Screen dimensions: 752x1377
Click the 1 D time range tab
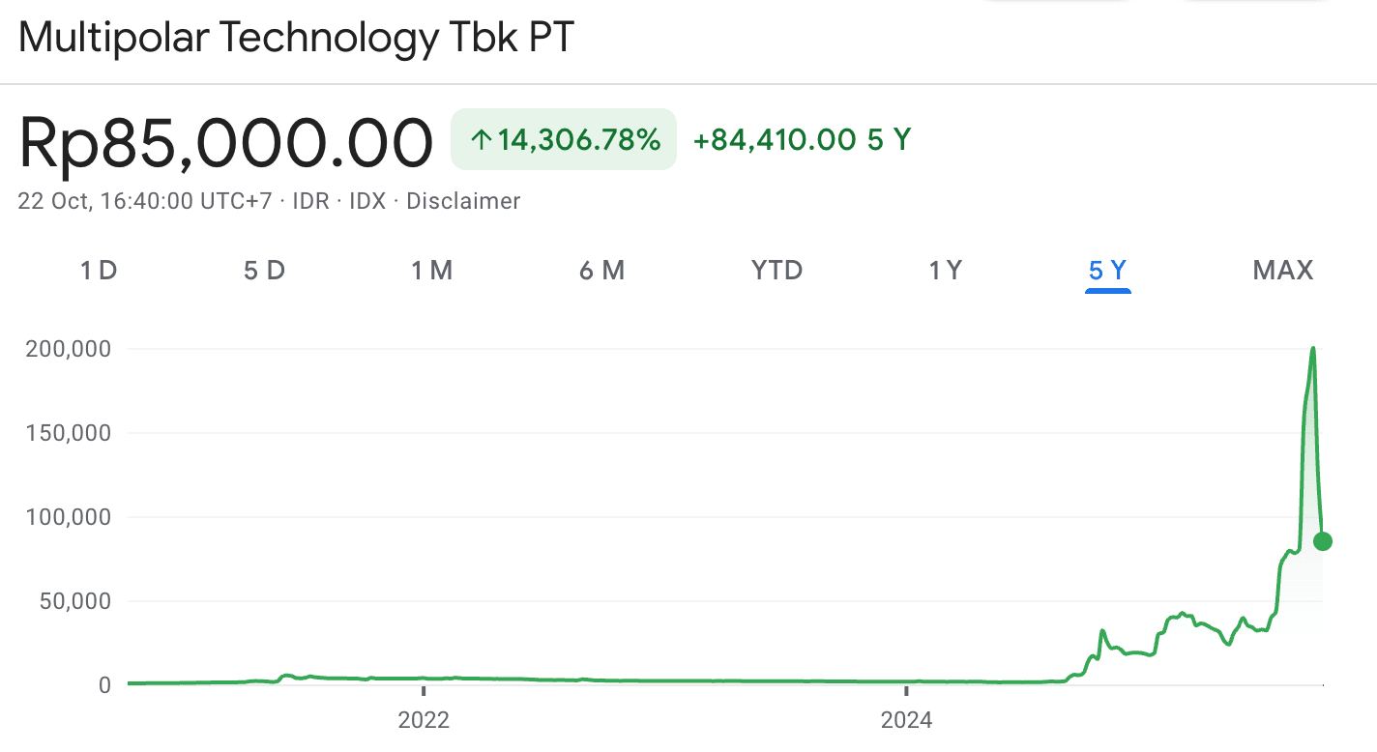98,271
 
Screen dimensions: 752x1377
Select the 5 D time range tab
264,271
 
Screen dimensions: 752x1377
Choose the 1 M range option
431,271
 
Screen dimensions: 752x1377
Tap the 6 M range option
601,271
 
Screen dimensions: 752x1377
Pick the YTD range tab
777,271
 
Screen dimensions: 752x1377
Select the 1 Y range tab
945,271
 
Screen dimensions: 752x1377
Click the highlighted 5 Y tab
1108,271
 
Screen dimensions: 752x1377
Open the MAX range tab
1283,271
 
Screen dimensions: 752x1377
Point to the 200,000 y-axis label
69,349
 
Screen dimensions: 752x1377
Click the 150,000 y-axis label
69,433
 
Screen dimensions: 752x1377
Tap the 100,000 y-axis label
69,517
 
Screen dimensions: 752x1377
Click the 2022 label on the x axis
424,720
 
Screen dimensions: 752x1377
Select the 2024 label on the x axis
906,720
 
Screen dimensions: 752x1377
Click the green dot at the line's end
1323,541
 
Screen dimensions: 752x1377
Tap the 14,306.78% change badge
564,140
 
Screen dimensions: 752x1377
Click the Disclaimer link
463,201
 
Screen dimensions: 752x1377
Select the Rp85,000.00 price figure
225,143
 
